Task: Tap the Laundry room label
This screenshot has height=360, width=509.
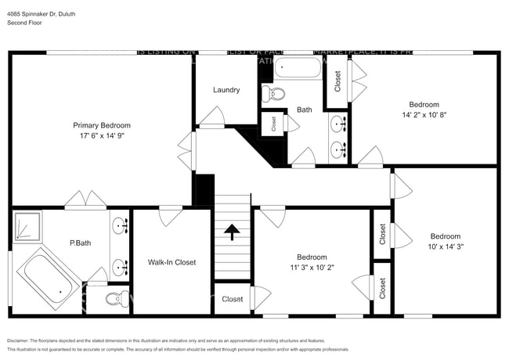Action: (x=226, y=90)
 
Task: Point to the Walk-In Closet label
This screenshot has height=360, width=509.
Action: (x=171, y=262)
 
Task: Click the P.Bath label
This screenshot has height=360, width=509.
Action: (x=81, y=243)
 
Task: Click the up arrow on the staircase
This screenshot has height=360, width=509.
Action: (x=232, y=231)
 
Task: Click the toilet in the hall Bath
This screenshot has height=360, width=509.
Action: (x=273, y=95)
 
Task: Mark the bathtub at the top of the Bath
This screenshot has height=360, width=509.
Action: (x=298, y=68)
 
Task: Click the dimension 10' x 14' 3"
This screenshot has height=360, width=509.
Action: (x=445, y=247)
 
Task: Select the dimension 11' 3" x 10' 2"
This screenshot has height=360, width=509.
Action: (x=312, y=267)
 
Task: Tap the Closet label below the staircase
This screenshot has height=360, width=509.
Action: (x=232, y=299)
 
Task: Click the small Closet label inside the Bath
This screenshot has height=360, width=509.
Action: (x=273, y=124)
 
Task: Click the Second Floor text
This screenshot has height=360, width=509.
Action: (x=25, y=23)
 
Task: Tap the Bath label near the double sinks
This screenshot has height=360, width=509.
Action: (x=304, y=110)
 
